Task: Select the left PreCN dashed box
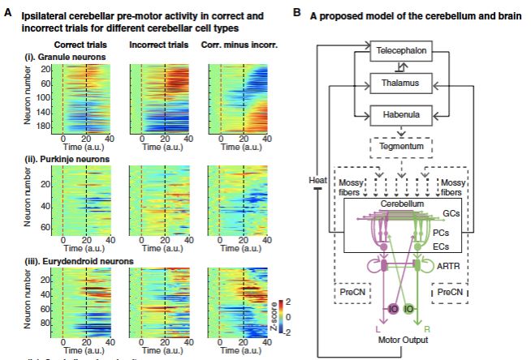[352, 289]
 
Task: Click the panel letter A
[7, 14]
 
